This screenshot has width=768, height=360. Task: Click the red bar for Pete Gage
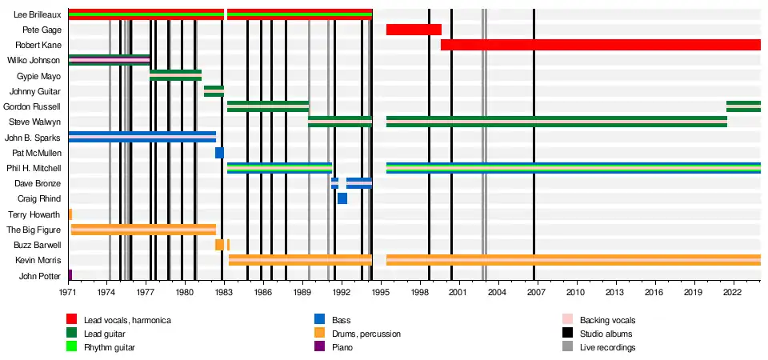(414, 30)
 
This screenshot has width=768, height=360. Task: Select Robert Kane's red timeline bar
(600, 45)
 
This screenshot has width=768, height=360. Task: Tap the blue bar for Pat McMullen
(219, 153)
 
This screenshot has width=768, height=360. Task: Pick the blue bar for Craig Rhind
(342, 198)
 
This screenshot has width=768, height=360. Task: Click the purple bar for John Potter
(70, 275)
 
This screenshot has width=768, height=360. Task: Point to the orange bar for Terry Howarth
(70, 214)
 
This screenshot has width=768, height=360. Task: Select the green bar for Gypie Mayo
(175, 75)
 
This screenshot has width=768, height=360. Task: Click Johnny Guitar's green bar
(214, 90)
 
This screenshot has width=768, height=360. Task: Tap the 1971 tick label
(68, 294)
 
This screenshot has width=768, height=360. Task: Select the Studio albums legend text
(606, 334)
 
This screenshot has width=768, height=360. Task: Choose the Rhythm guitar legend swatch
(72, 346)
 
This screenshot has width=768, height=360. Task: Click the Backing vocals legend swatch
(567, 320)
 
